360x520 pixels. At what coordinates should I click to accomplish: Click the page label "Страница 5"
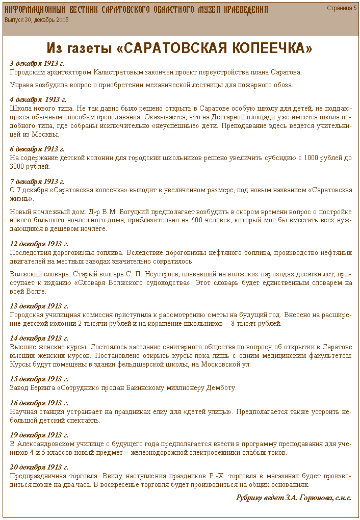(x=342, y=8)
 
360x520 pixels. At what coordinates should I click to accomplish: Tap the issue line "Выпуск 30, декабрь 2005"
(x=37, y=20)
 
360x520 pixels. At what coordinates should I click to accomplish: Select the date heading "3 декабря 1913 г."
(x=37, y=64)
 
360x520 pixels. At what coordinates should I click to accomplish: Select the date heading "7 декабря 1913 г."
(x=37, y=181)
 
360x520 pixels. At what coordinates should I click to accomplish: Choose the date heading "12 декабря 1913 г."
(x=39, y=244)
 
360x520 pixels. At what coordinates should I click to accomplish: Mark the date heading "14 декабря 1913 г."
(x=39, y=338)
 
